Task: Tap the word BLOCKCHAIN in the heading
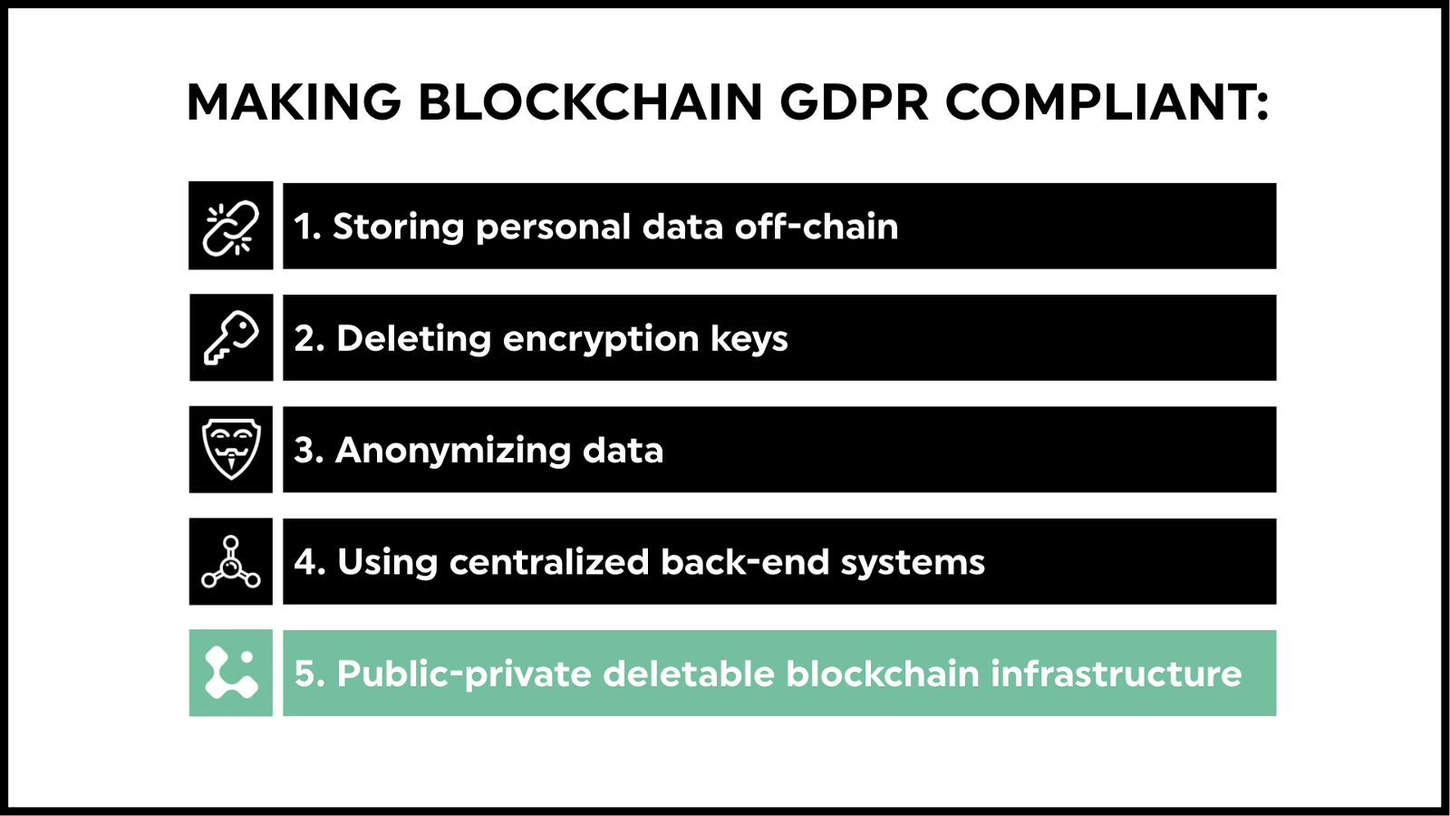(x=591, y=102)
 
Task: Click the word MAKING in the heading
(x=295, y=102)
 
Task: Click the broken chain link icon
(x=231, y=228)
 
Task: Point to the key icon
(x=231, y=337)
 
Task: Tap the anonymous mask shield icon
(x=231, y=449)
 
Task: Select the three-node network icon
(x=231, y=562)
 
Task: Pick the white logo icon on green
(x=231, y=673)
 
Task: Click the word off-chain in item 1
(x=817, y=227)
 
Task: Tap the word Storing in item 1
(x=398, y=227)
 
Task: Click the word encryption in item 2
(x=600, y=339)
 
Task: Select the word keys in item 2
(x=749, y=339)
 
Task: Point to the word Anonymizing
(x=452, y=451)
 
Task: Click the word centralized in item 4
(x=549, y=561)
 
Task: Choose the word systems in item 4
(x=913, y=562)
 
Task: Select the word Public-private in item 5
(x=464, y=675)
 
